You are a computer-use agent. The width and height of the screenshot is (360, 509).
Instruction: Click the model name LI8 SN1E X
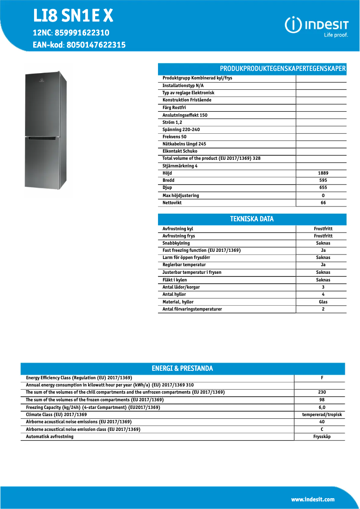73,17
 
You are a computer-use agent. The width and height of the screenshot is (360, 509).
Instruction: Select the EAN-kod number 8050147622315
96,45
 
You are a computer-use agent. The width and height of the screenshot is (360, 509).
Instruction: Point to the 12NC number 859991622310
82,33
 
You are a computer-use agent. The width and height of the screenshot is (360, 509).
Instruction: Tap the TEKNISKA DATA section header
252,219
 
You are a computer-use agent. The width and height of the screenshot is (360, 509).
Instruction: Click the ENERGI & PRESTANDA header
182,369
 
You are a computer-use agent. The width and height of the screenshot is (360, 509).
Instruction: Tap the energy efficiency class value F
322,377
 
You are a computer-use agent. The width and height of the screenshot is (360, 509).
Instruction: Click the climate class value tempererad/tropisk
322,414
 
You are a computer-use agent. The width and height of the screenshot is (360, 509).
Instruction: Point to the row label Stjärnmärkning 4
180,166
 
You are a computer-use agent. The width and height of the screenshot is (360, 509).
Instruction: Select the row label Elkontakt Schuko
180,151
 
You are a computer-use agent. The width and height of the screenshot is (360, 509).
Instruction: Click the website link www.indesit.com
312,499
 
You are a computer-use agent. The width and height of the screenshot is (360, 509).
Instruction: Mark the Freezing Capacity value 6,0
322,407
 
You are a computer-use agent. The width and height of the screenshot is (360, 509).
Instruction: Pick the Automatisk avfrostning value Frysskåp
322,436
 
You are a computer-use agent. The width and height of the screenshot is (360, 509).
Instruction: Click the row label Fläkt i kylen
175,280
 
